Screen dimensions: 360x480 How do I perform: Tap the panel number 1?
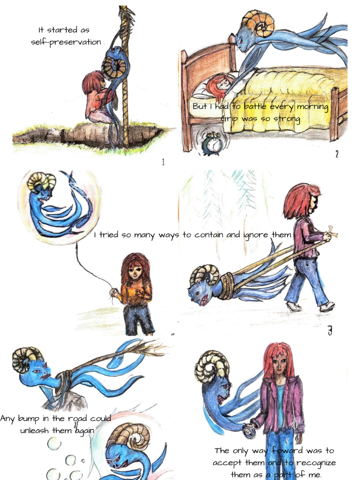(x=163, y=162)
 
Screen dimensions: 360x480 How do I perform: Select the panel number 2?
(x=337, y=154)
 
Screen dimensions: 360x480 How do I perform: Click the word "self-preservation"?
(x=66, y=42)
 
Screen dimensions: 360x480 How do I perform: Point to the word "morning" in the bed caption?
(x=313, y=107)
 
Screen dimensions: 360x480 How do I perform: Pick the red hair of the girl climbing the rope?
(x=92, y=80)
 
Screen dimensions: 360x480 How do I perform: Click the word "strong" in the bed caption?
(x=286, y=119)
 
